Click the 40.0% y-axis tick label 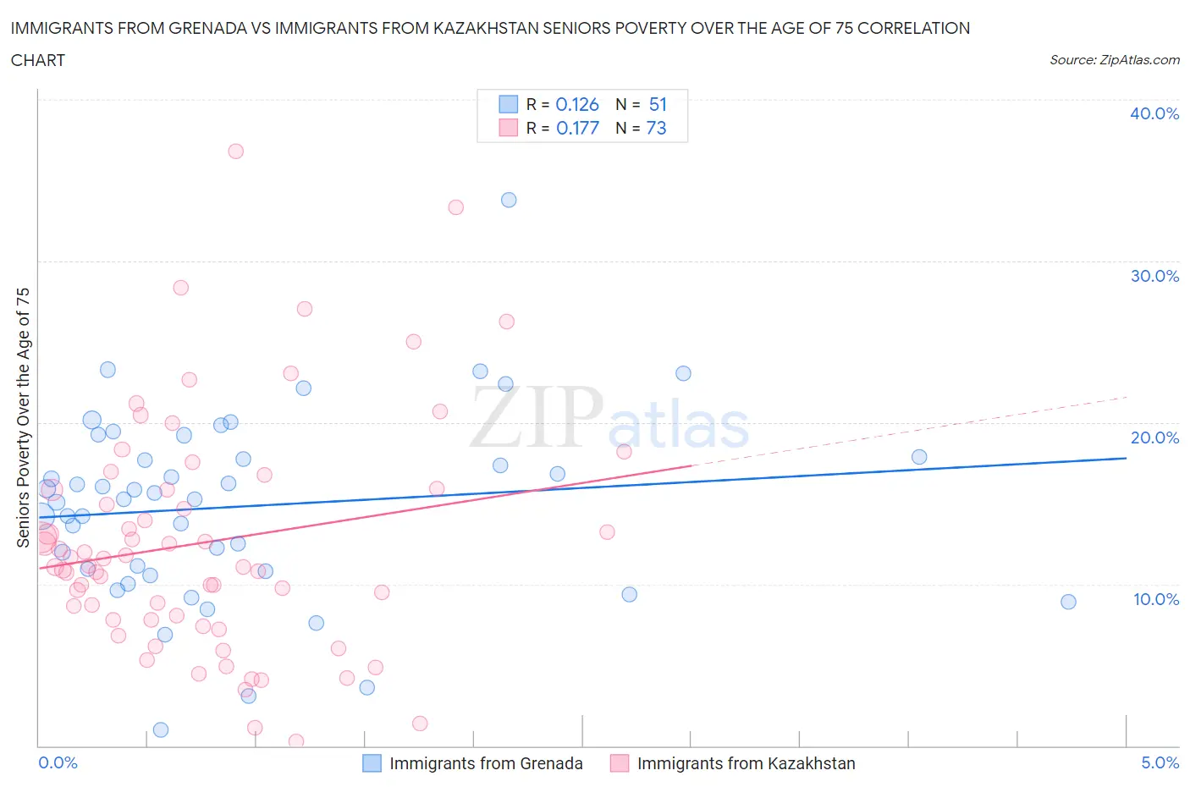[1154, 113]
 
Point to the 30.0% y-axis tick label [1154, 276]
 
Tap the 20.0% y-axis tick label [1154, 438]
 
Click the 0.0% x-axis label [58, 762]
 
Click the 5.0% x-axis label [1160, 762]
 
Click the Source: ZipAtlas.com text [1114, 60]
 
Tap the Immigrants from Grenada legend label [486, 763]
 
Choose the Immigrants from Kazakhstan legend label [746, 763]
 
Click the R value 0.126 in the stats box [577, 105]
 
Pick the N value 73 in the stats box [656, 128]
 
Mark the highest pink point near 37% [236, 151]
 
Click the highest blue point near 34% [509, 200]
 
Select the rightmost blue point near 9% [1068, 602]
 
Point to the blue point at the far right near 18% [919, 457]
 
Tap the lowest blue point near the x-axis [161, 729]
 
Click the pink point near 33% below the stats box [456, 207]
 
